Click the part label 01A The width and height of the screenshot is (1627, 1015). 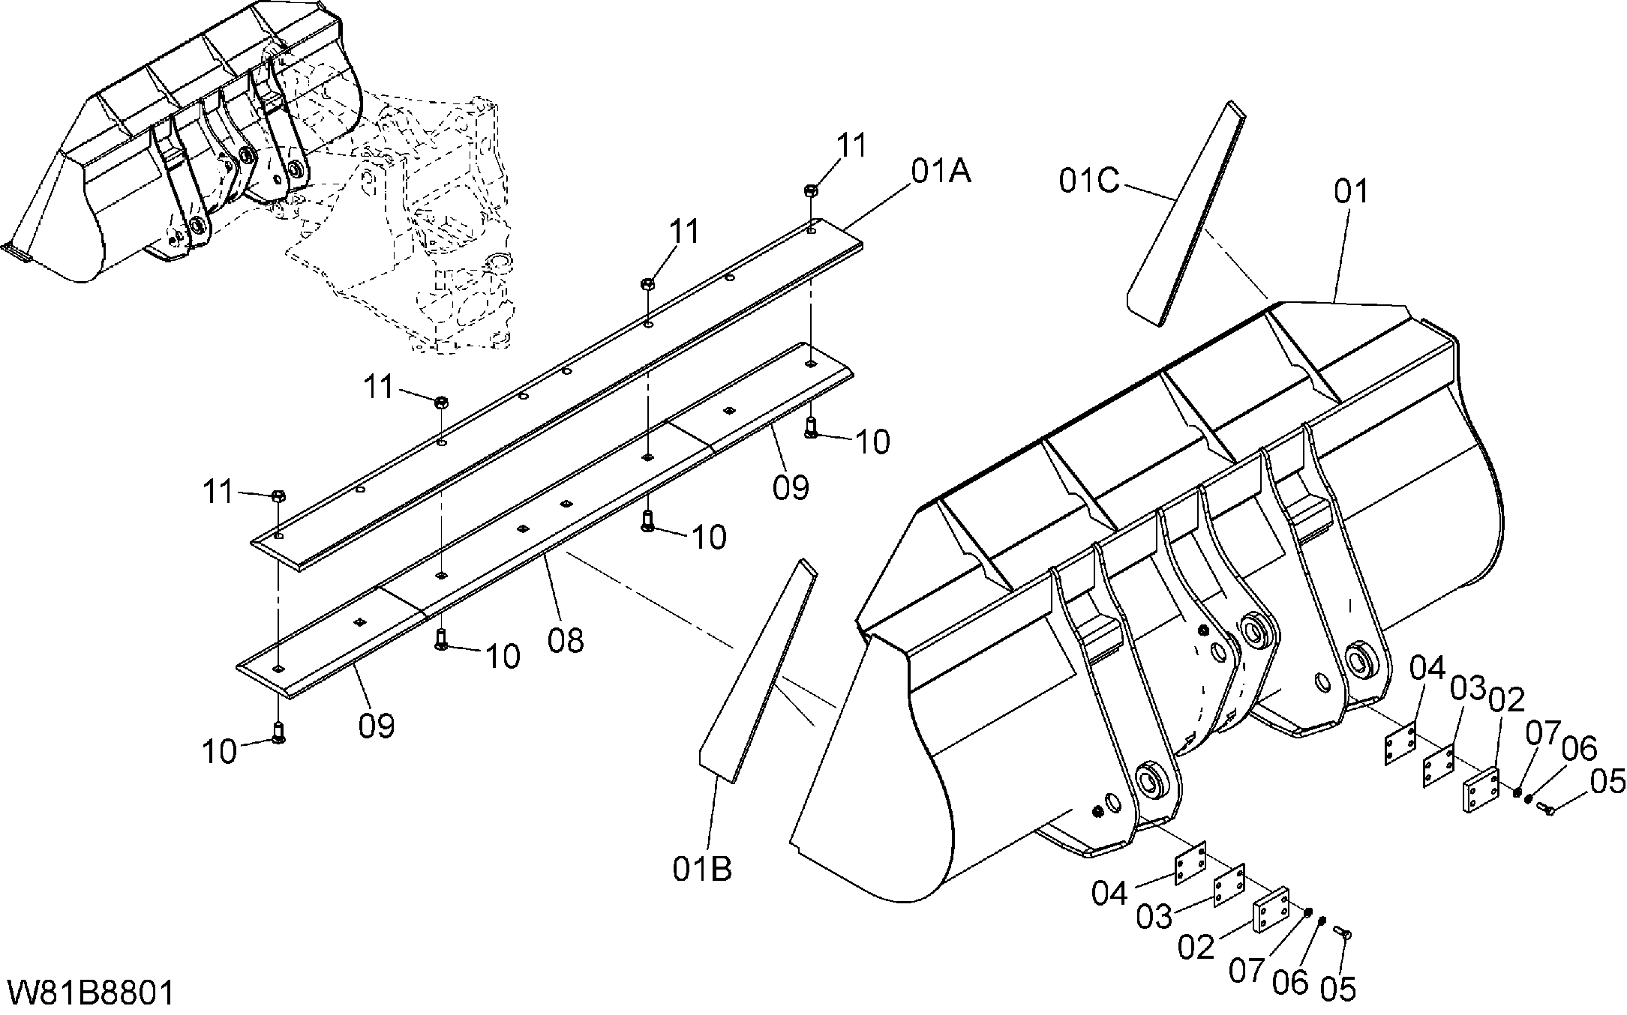click(x=941, y=172)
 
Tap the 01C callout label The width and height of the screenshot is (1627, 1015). click(x=1090, y=181)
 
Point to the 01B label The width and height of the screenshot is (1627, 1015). click(x=702, y=869)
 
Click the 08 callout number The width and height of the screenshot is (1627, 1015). click(x=566, y=641)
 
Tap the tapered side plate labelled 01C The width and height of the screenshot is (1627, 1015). click(x=1185, y=214)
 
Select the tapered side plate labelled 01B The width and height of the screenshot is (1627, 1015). click(x=758, y=670)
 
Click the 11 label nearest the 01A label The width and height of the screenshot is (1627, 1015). click(x=851, y=145)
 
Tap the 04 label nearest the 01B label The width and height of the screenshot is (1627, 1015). click(x=1109, y=893)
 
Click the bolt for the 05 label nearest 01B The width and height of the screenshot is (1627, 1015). click(x=1342, y=932)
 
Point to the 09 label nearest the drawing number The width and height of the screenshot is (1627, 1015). click(x=377, y=726)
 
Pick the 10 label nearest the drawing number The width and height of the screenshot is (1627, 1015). click(x=219, y=751)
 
